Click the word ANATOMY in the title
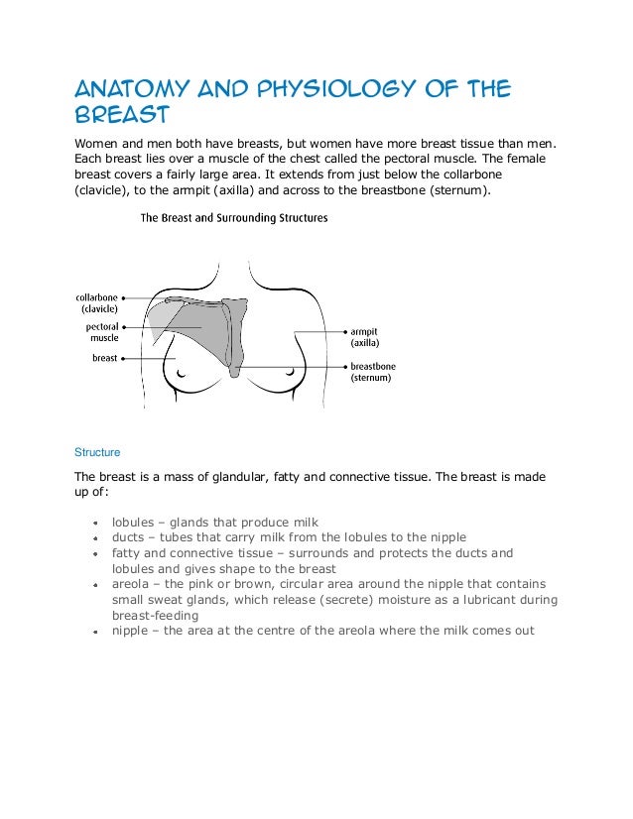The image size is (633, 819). pos(125,92)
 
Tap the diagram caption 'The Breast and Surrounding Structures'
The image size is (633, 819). pos(234,217)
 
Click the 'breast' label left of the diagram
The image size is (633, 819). pos(104,358)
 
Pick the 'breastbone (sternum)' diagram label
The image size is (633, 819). pos(373,372)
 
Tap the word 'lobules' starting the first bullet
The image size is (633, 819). pos(133,522)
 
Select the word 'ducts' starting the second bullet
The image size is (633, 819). pos(128,537)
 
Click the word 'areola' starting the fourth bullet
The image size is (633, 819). pos(131,584)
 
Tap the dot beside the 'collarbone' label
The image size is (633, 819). pos(124,295)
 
